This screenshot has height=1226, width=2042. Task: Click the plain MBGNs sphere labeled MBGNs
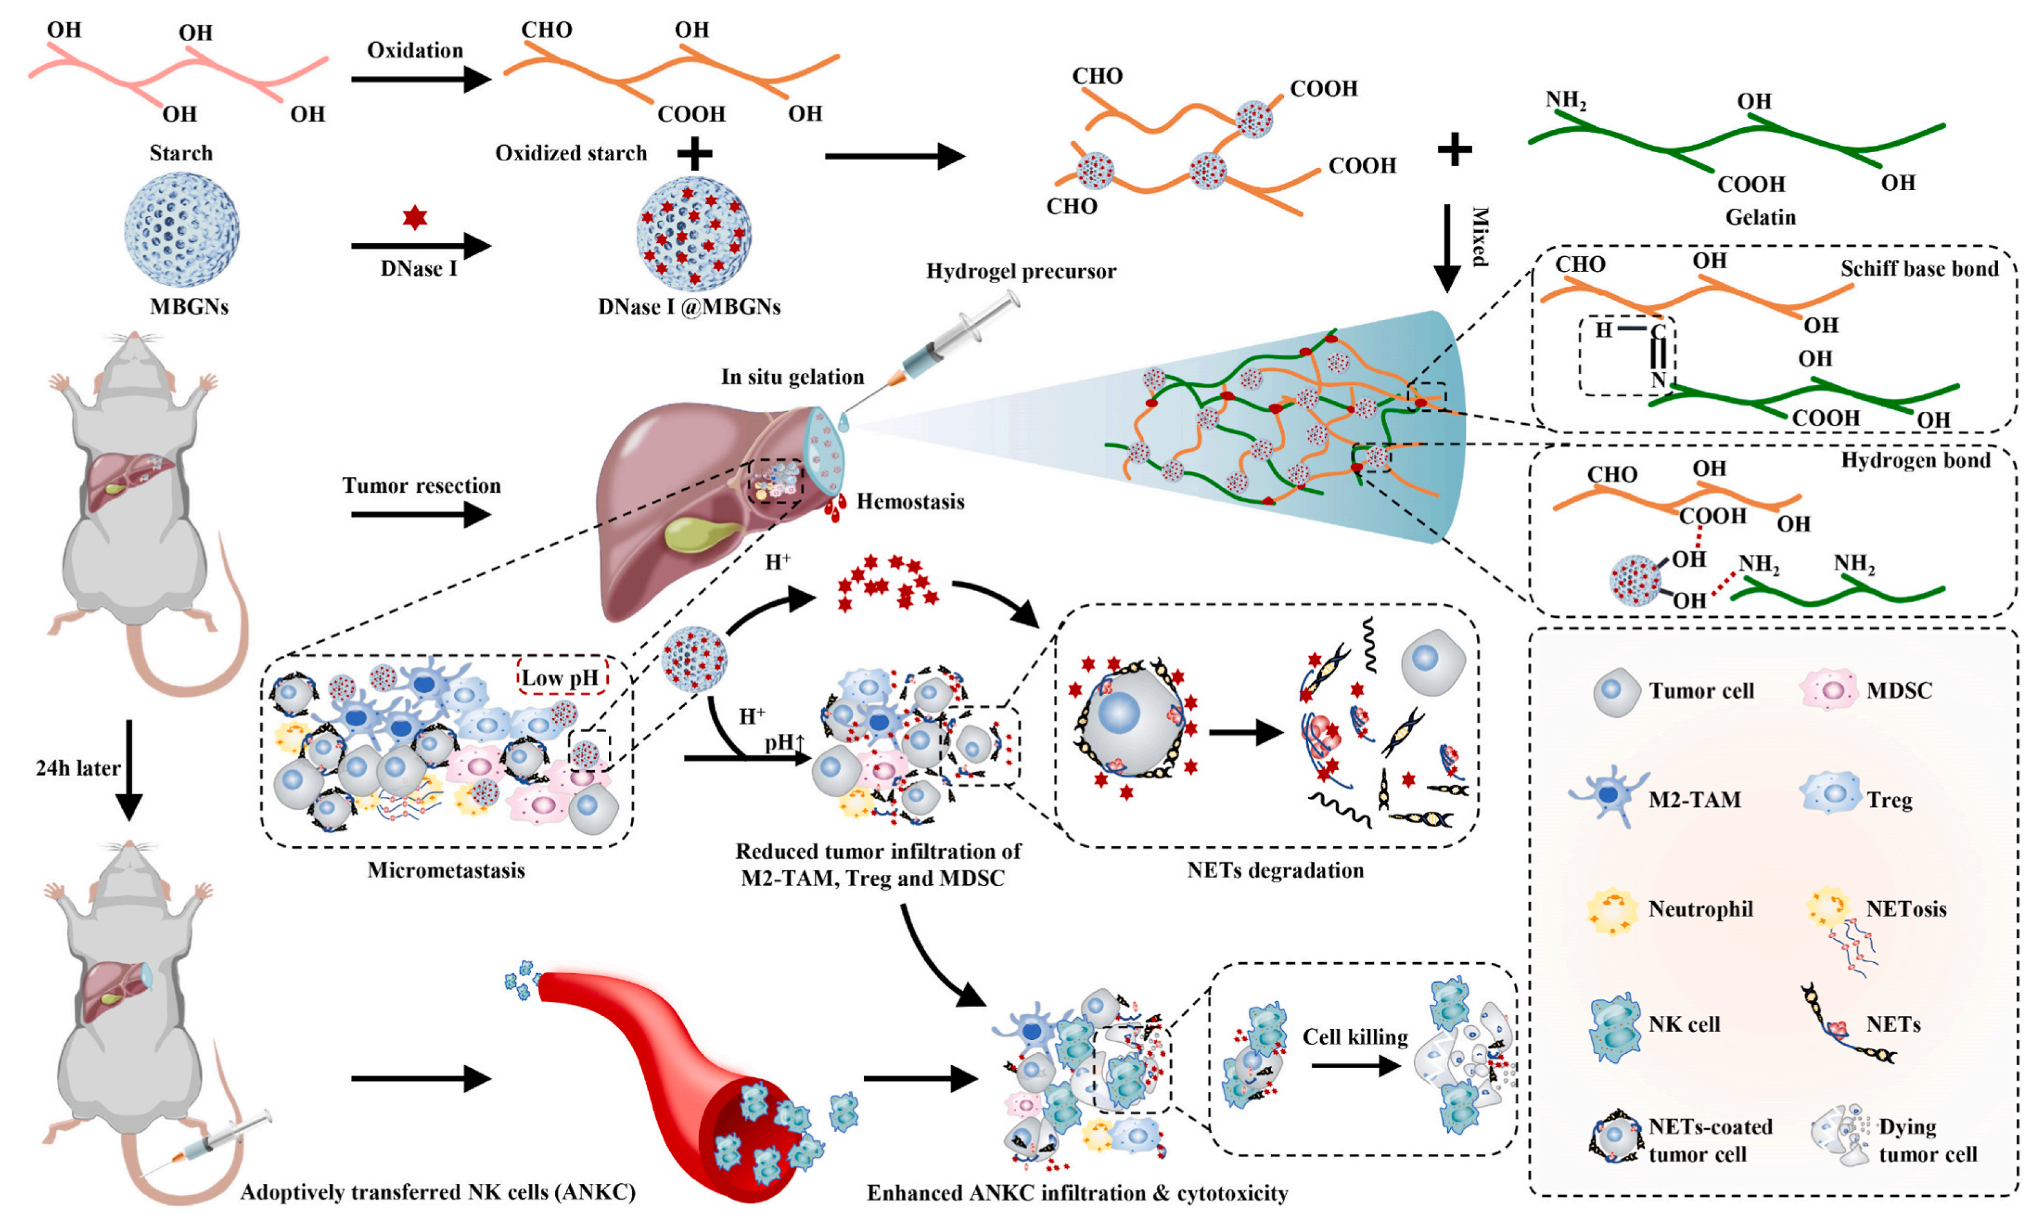pos(182,229)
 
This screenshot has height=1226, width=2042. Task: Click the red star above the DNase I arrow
pos(415,218)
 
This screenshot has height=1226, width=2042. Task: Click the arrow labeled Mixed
pos(1446,248)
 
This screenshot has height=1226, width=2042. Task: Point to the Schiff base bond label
pos(1918,269)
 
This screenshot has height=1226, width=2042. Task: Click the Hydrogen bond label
pos(1915,460)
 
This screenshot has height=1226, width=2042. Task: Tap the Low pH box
pos(562,678)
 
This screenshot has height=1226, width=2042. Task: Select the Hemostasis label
pos(910,502)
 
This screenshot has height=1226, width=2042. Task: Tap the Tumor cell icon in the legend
pos(1615,692)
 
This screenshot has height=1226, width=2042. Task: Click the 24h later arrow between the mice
pos(129,768)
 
